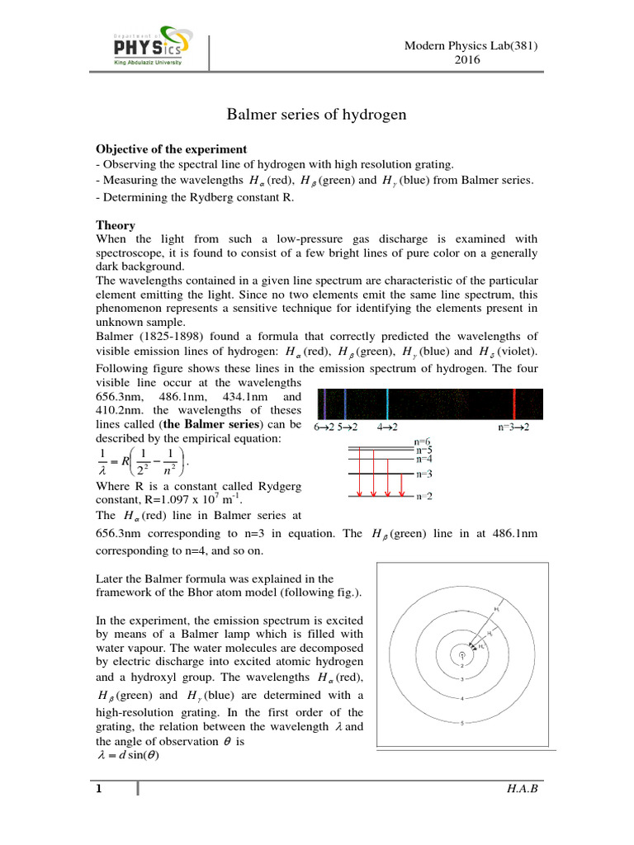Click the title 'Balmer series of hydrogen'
tap(317, 115)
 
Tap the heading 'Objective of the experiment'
tap(171, 149)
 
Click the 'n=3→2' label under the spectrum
tap(518, 427)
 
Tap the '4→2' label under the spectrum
tap(387, 427)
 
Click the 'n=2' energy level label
tap(423, 496)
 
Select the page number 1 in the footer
tap(98, 790)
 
